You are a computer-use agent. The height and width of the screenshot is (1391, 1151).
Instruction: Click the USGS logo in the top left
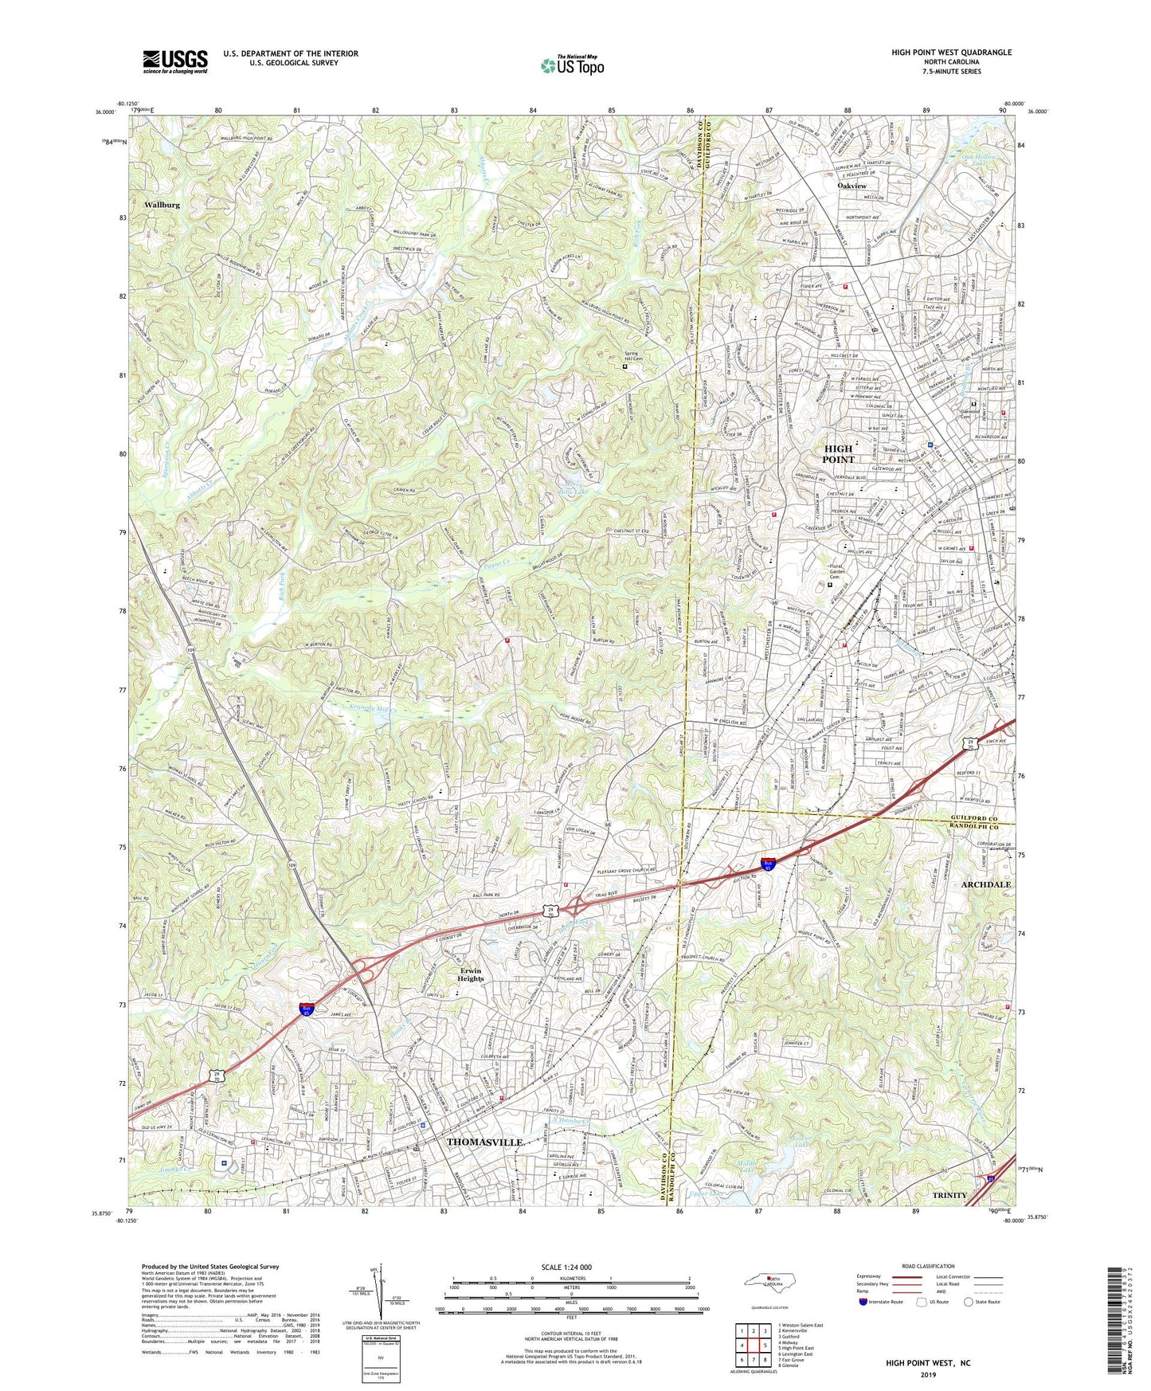[175, 61]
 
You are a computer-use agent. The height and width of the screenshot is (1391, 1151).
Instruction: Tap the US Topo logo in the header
[570, 66]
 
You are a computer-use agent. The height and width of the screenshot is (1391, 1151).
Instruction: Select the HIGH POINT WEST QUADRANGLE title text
[951, 53]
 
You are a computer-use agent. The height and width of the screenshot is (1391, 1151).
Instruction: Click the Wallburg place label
[162, 205]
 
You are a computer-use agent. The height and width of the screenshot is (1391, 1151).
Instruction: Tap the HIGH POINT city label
[838, 454]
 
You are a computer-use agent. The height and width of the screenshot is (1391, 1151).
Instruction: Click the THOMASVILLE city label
[484, 1142]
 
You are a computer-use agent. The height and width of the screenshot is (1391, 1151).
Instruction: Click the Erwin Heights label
[471, 974]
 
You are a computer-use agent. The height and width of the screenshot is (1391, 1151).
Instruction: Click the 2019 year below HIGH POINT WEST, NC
[928, 1374]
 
